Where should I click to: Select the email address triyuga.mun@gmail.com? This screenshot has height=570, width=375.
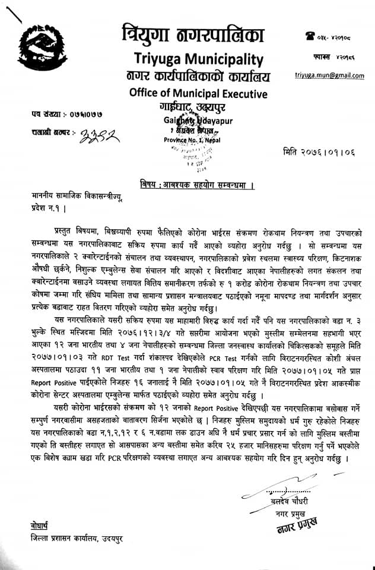329,75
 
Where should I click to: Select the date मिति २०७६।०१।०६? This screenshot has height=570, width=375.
320,151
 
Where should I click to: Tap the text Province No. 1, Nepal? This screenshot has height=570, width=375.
189,139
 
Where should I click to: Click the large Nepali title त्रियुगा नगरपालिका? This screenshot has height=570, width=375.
191,34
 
